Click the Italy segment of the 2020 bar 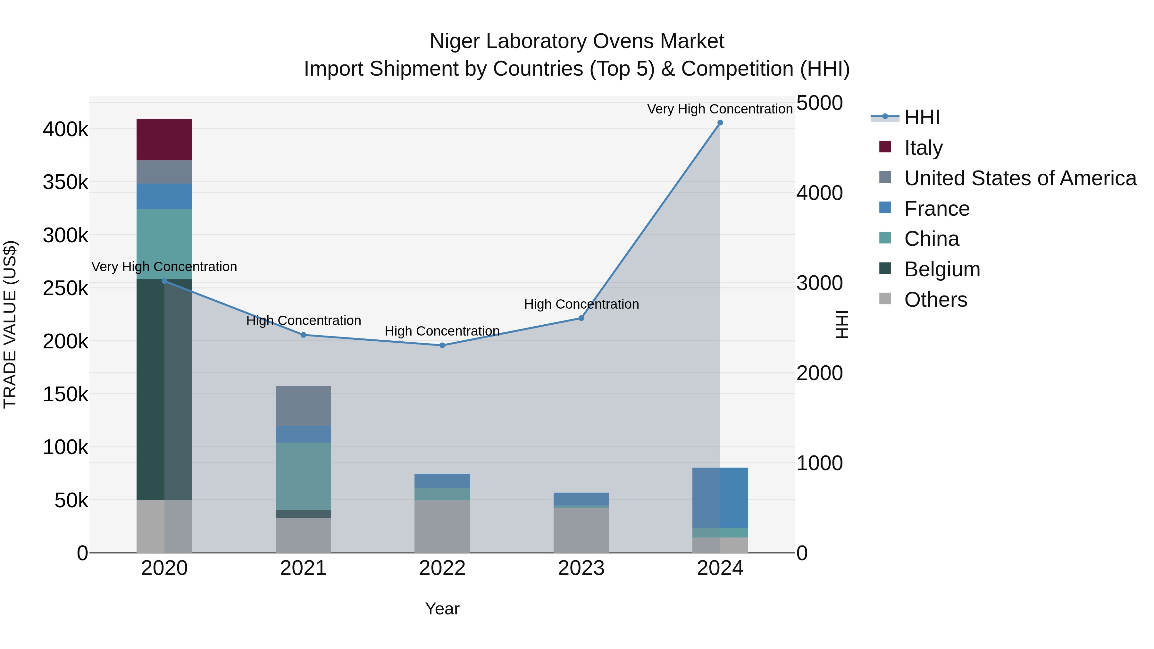pos(164,139)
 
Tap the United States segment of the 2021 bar pos(303,405)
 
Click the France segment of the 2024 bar pos(720,497)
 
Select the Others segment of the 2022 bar pos(442,526)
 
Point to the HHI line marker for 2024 pos(720,123)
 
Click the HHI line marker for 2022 pos(442,345)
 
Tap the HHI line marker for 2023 pos(581,318)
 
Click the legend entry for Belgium pos(942,269)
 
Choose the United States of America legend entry pos(1020,178)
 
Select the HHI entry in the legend pos(922,117)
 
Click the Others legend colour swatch pos(885,298)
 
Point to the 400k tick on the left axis pos(65,129)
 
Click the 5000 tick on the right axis pos(819,103)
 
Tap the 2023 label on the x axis pos(581,568)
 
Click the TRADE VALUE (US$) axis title pos(10,324)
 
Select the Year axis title pos(442,609)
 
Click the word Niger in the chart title pos(455,41)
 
